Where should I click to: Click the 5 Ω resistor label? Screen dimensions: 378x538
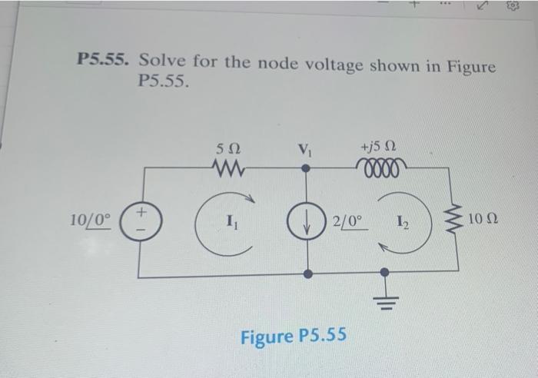coord(228,147)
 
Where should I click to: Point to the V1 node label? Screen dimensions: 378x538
coord(306,148)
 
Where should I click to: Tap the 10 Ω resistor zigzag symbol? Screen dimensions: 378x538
coord(458,220)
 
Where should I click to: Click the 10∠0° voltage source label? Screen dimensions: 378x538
coord(91,220)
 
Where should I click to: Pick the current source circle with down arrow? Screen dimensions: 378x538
coord(307,220)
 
